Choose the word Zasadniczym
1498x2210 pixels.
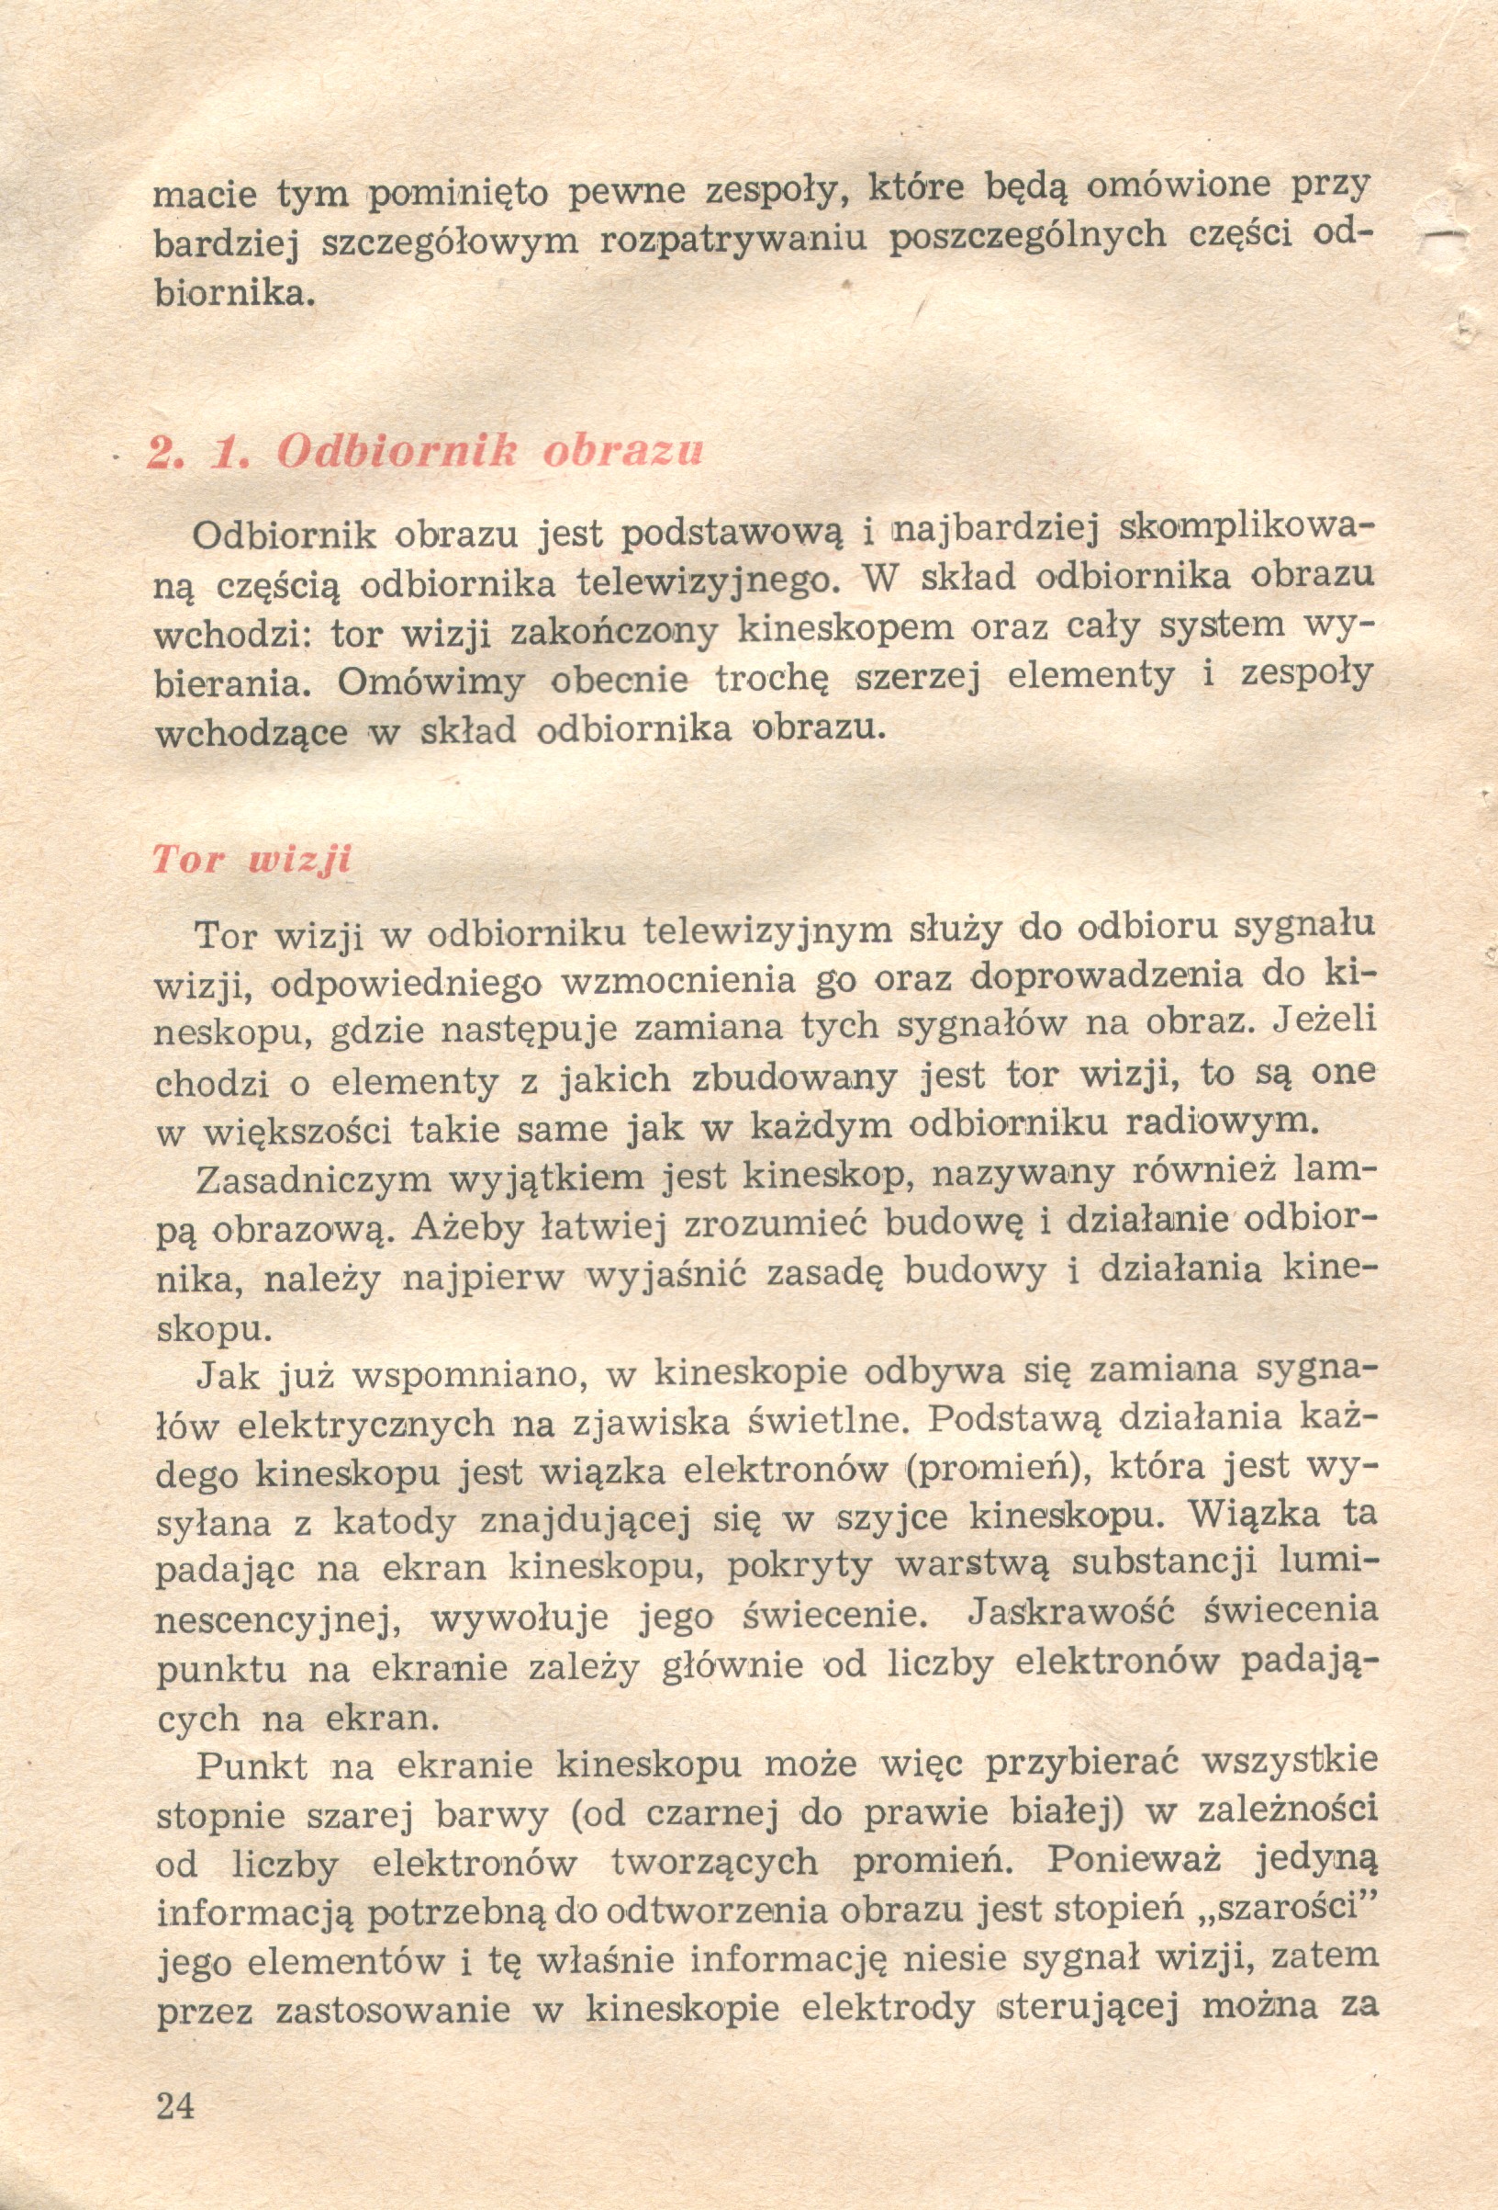tap(312, 1181)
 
